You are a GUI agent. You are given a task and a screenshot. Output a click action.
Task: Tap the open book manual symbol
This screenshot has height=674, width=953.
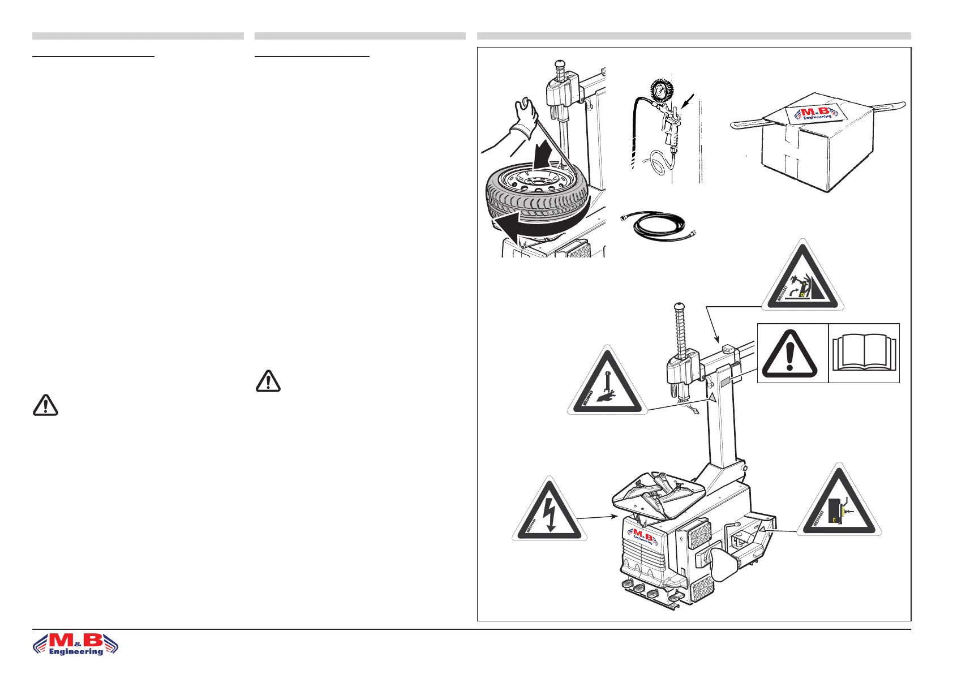[x=864, y=354]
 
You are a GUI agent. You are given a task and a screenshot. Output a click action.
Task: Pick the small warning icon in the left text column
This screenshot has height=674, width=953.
[x=45, y=405]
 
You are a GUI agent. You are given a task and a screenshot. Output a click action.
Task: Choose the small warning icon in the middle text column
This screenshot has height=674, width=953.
[x=268, y=381]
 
